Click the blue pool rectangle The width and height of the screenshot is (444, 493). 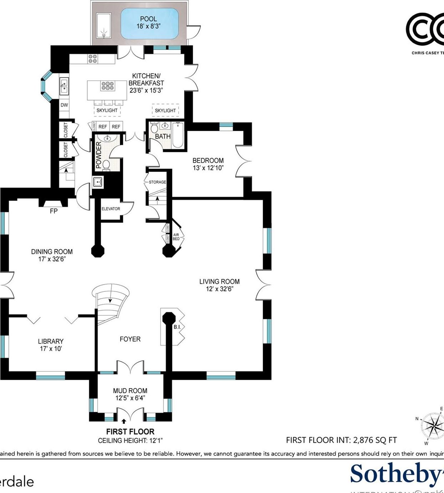click(x=149, y=23)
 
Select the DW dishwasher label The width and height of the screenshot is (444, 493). click(x=64, y=105)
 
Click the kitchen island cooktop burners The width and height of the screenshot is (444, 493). click(x=107, y=86)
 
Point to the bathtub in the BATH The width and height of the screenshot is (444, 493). click(x=177, y=135)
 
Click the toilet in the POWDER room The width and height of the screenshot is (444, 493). click(x=106, y=165)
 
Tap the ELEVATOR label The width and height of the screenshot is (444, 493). click(x=110, y=209)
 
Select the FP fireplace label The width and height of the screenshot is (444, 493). click(x=53, y=211)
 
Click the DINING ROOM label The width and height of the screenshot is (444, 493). click(x=52, y=252)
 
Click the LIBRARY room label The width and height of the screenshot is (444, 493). click(x=51, y=341)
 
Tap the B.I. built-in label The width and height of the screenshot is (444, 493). click(x=177, y=327)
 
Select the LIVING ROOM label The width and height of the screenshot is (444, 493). click(x=219, y=282)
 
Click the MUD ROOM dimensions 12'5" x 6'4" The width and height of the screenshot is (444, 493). click(x=130, y=398)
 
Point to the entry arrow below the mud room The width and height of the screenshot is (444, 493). click(x=124, y=421)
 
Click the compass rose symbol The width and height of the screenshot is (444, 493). click(x=432, y=425)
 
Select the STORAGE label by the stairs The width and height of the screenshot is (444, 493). click(x=157, y=182)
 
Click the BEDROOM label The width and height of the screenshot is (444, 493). click(x=208, y=161)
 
